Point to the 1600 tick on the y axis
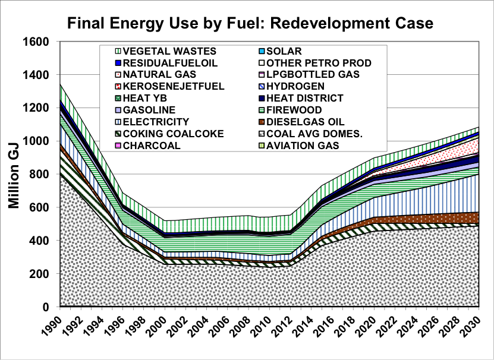(36, 42)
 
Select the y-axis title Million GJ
(14, 176)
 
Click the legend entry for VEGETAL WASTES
(166, 51)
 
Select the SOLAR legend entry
(281, 51)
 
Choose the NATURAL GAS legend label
(156, 74)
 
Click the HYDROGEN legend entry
(292, 86)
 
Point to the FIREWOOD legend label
(291, 110)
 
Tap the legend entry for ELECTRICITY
(152, 122)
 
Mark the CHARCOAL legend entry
(148, 146)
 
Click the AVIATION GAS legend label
(299, 146)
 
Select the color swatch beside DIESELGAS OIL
(262, 122)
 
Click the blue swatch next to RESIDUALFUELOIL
(118, 63)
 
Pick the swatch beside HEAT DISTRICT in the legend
(262, 98)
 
